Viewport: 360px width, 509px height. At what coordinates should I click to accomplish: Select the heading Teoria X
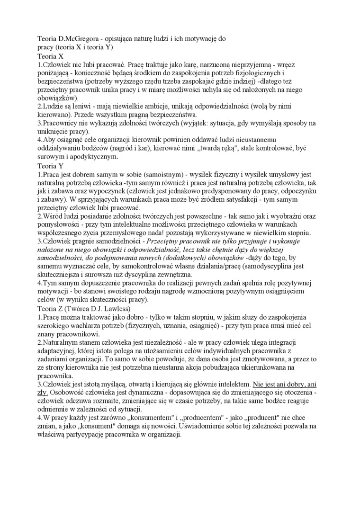point(50,55)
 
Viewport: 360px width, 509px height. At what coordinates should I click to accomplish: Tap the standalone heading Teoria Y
point(50,166)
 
